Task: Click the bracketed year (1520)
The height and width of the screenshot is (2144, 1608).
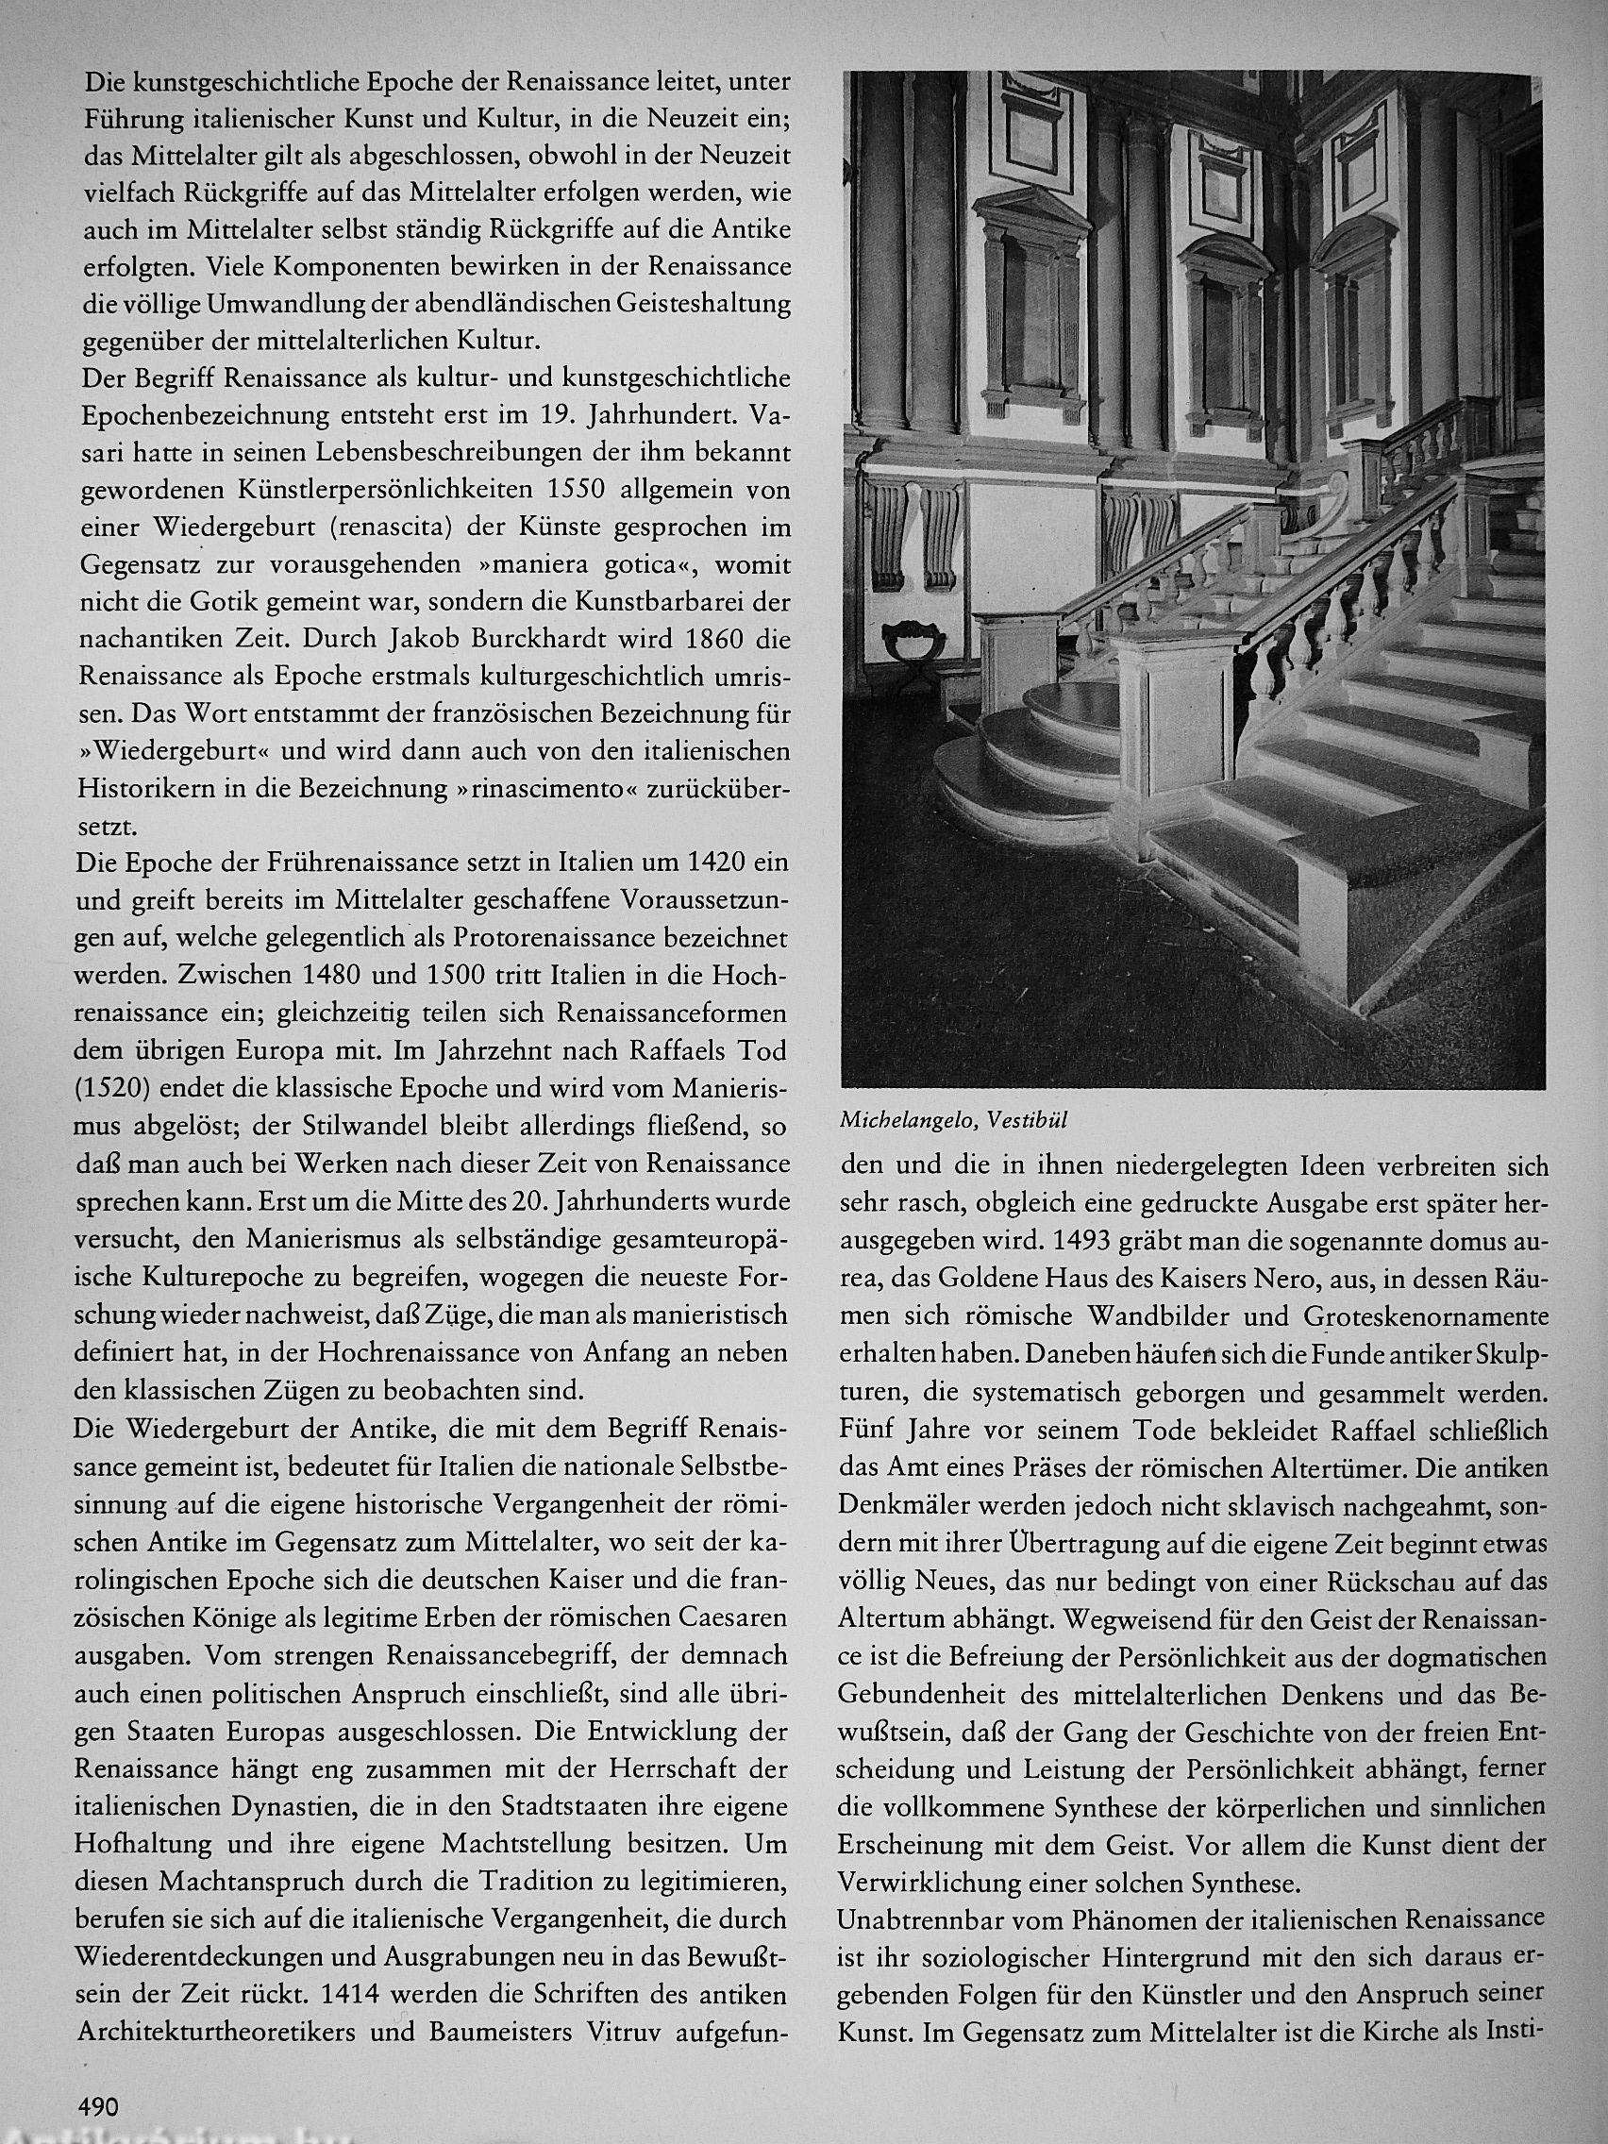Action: [112, 1089]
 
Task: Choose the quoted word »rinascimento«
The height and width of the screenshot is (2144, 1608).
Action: [557, 790]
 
